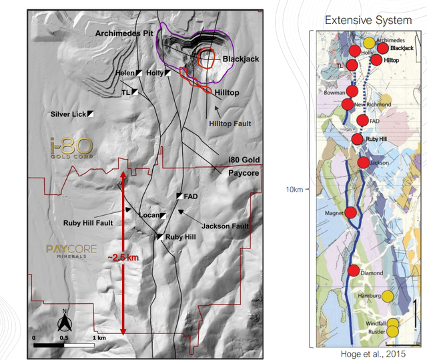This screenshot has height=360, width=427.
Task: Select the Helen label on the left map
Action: coord(124,73)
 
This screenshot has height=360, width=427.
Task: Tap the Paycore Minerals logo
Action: coord(71,251)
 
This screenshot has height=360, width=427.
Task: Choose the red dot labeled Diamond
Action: coord(354,271)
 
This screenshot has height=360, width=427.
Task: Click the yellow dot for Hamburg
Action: coord(388,296)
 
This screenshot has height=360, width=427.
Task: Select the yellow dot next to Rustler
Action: coord(393,331)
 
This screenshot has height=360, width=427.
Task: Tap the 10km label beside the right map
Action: coord(294,190)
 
